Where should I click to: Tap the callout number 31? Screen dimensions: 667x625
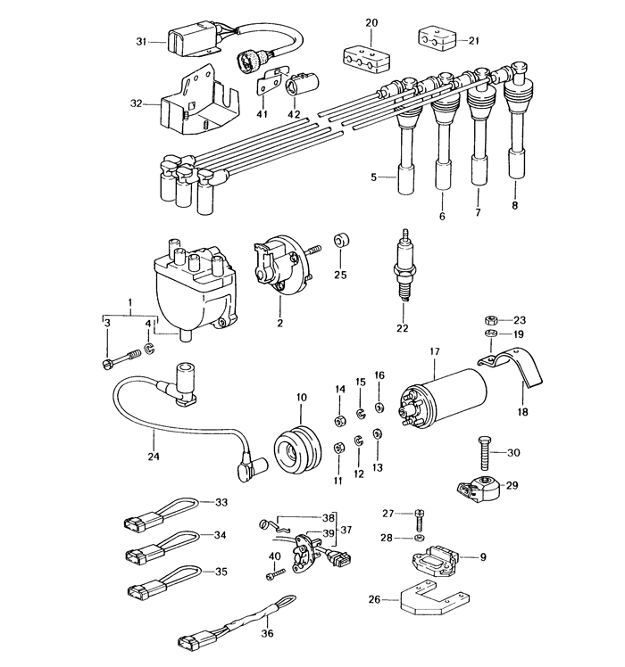click(140, 42)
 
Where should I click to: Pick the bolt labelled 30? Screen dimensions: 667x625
click(481, 456)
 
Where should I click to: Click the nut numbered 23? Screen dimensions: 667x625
click(489, 319)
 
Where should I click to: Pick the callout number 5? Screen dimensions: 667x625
click(374, 177)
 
